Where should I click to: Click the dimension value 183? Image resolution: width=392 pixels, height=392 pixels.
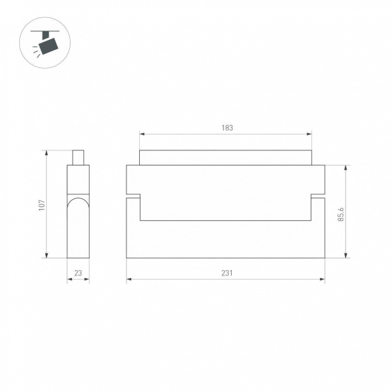click(x=227, y=128)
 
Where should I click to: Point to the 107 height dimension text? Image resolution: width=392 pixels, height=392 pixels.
click(x=41, y=205)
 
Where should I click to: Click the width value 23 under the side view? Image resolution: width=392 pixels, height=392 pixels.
click(x=78, y=273)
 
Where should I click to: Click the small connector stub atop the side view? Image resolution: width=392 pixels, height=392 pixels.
click(x=78, y=157)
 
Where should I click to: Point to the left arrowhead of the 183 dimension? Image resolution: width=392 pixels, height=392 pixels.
click(x=142, y=134)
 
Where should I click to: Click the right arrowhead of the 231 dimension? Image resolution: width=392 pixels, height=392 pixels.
click(x=323, y=280)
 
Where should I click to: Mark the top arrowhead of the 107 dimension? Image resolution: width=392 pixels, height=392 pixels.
click(x=47, y=152)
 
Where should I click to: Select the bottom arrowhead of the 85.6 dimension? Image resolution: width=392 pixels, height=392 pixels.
click(x=346, y=256)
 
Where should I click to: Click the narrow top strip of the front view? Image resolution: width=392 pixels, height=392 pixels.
click(x=226, y=158)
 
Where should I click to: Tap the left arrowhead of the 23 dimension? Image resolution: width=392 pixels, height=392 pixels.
click(x=69, y=280)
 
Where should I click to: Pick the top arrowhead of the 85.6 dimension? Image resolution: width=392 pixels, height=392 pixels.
click(x=346, y=168)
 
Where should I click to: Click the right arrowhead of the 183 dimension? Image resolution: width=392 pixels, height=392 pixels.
click(x=309, y=134)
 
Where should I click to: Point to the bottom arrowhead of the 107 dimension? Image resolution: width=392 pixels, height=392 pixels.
click(x=47, y=256)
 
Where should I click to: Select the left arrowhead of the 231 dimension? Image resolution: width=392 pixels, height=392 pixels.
click(x=129, y=280)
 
